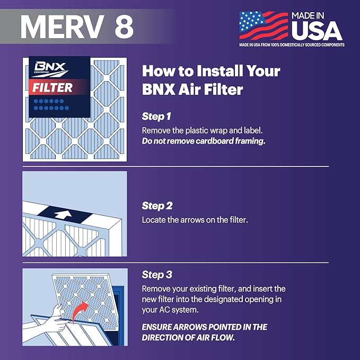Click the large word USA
(317, 31)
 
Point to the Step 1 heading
(157, 116)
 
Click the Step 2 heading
(157, 206)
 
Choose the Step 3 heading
(157, 275)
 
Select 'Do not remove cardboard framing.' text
(203, 142)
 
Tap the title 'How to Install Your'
(211, 71)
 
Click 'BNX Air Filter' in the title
(192, 89)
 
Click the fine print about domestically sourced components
(292, 45)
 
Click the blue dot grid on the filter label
(52, 104)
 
